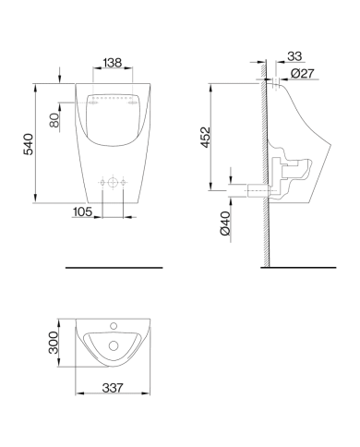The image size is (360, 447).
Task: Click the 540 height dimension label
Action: (29, 144)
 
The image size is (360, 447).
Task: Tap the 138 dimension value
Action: (113, 63)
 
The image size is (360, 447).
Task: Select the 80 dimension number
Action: (54, 120)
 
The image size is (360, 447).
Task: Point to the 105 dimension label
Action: (82, 211)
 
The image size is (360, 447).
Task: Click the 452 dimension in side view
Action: (205, 138)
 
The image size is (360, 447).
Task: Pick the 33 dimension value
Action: (294, 56)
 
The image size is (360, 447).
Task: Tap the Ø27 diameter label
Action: (303, 74)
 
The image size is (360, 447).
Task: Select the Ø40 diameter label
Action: (225, 223)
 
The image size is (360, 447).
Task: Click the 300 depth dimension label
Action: (54, 343)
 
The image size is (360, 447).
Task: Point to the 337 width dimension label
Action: (113, 388)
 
